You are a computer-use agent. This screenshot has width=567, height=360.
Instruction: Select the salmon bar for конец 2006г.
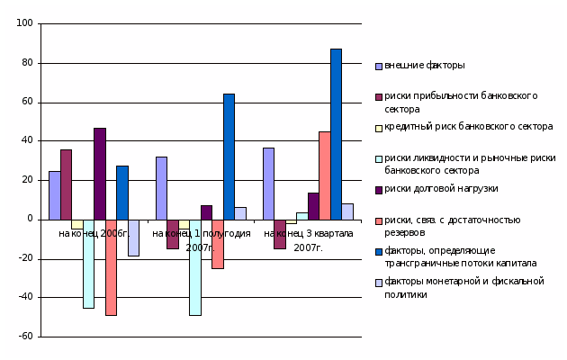pos(111,267)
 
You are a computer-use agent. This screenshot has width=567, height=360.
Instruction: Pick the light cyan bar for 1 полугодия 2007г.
pos(195,267)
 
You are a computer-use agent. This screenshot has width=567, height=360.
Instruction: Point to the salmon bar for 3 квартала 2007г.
pos(324,175)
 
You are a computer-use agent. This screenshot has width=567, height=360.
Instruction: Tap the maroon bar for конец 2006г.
pos(66,184)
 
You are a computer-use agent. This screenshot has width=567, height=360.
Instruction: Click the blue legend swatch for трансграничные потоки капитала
pos(379,251)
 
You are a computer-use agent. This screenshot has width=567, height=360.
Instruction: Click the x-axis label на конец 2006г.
pos(94,234)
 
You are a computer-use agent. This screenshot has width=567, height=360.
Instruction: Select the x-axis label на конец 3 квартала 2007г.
pos(308,239)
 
